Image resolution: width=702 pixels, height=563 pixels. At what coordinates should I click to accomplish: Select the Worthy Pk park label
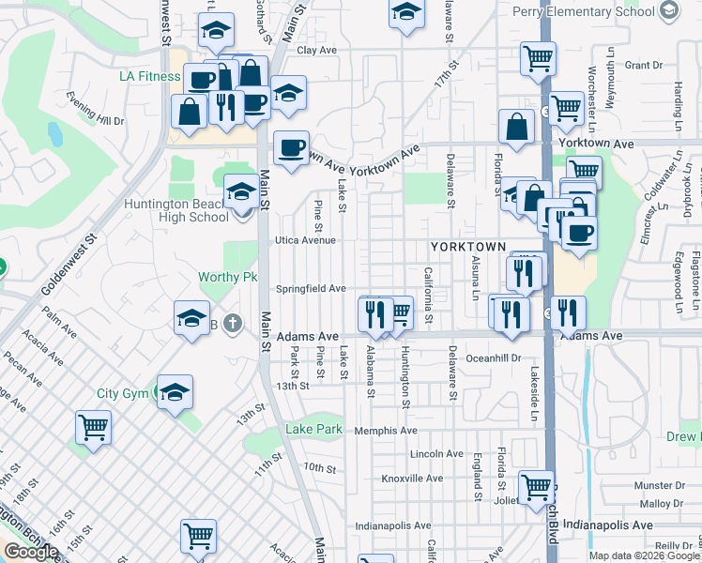(227, 277)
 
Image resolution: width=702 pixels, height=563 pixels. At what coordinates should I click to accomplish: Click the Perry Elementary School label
(584, 12)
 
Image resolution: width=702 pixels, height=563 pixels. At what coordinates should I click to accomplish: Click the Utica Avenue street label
(304, 240)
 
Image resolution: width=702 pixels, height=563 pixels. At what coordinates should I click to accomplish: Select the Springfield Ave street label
(311, 289)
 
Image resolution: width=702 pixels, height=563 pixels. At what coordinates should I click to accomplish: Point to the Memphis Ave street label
(386, 431)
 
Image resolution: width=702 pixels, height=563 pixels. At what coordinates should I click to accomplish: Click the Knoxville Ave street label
(412, 479)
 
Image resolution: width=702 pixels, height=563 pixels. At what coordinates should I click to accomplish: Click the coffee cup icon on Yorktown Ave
(291, 148)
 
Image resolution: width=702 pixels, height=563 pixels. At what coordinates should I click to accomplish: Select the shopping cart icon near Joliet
(536, 487)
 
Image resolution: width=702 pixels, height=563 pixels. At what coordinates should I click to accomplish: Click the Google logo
(31, 552)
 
